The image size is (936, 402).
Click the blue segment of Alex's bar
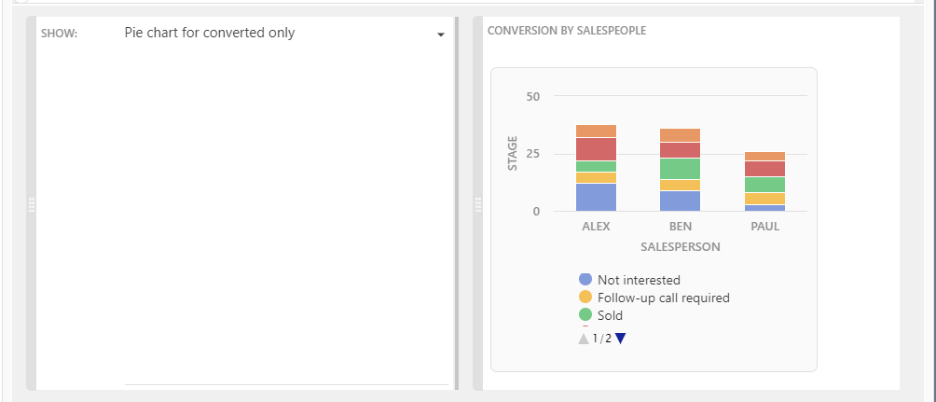tap(596, 197)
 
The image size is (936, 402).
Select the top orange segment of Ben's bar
tap(680, 135)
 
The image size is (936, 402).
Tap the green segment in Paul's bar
tap(764, 185)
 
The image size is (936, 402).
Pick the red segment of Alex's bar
tap(596, 149)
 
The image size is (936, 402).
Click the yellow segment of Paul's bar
tap(764, 199)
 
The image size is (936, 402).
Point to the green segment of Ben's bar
tap(680, 169)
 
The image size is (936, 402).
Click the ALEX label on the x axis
tap(596, 227)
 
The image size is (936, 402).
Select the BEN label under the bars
tap(680, 227)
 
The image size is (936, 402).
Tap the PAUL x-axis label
tap(764, 227)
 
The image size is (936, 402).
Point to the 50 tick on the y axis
tap(533, 96)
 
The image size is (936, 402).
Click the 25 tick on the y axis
tap(533, 154)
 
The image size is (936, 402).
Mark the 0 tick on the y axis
tap(536, 212)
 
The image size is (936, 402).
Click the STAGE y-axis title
tap(512, 154)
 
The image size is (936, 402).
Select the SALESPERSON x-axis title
tap(680, 247)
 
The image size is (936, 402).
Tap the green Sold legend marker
tap(585, 315)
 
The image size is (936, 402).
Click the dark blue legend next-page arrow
tap(620, 339)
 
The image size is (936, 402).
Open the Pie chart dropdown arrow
tap(440, 35)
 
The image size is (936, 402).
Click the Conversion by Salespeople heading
tap(567, 31)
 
